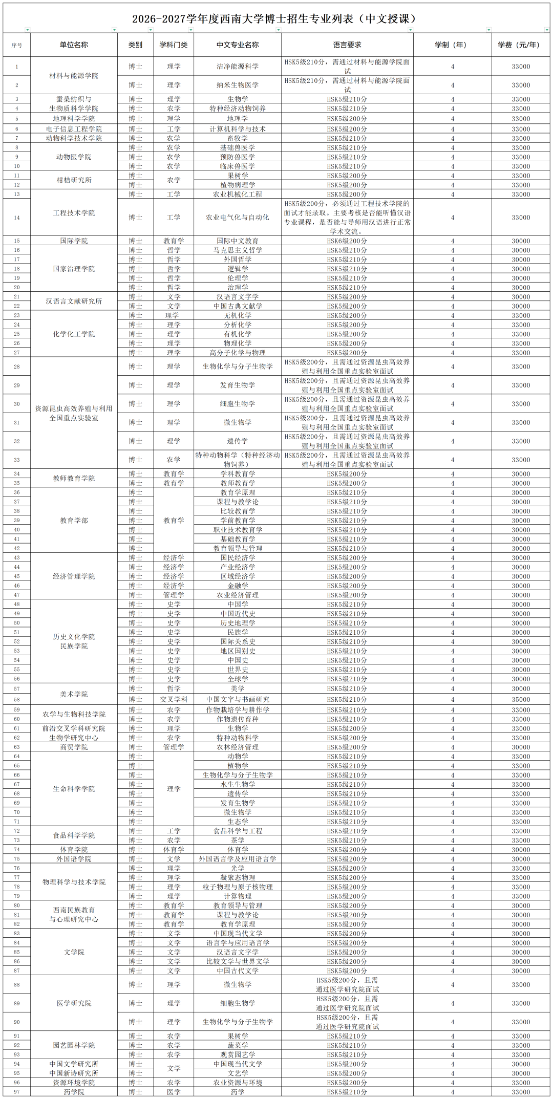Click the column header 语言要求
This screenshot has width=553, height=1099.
click(x=347, y=45)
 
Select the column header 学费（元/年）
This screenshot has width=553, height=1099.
click(x=519, y=45)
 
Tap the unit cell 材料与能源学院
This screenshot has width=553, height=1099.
click(x=74, y=76)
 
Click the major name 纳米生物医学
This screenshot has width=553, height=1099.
click(x=238, y=85)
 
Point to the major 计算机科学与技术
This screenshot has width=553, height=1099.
click(x=238, y=129)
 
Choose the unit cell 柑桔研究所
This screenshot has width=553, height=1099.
click(x=74, y=180)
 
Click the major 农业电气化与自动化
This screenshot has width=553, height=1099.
click(x=238, y=218)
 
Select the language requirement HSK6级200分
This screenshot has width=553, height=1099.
click(x=347, y=241)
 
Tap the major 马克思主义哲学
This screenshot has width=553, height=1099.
click(x=238, y=250)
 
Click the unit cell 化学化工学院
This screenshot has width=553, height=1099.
click(x=74, y=334)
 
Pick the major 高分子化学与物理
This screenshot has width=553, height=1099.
click(x=238, y=353)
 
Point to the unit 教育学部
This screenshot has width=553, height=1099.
click(x=74, y=521)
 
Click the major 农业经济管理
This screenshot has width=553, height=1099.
click(x=238, y=595)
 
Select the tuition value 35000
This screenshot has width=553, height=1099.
click(x=521, y=700)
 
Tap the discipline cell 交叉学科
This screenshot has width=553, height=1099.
click(x=174, y=700)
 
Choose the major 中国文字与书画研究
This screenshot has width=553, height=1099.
click(x=238, y=700)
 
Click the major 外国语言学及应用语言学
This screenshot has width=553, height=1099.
click(x=238, y=859)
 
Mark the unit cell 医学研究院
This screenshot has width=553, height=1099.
click(x=74, y=1003)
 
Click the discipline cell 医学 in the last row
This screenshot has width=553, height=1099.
click(x=174, y=1092)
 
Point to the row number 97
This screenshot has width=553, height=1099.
click(x=17, y=1092)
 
